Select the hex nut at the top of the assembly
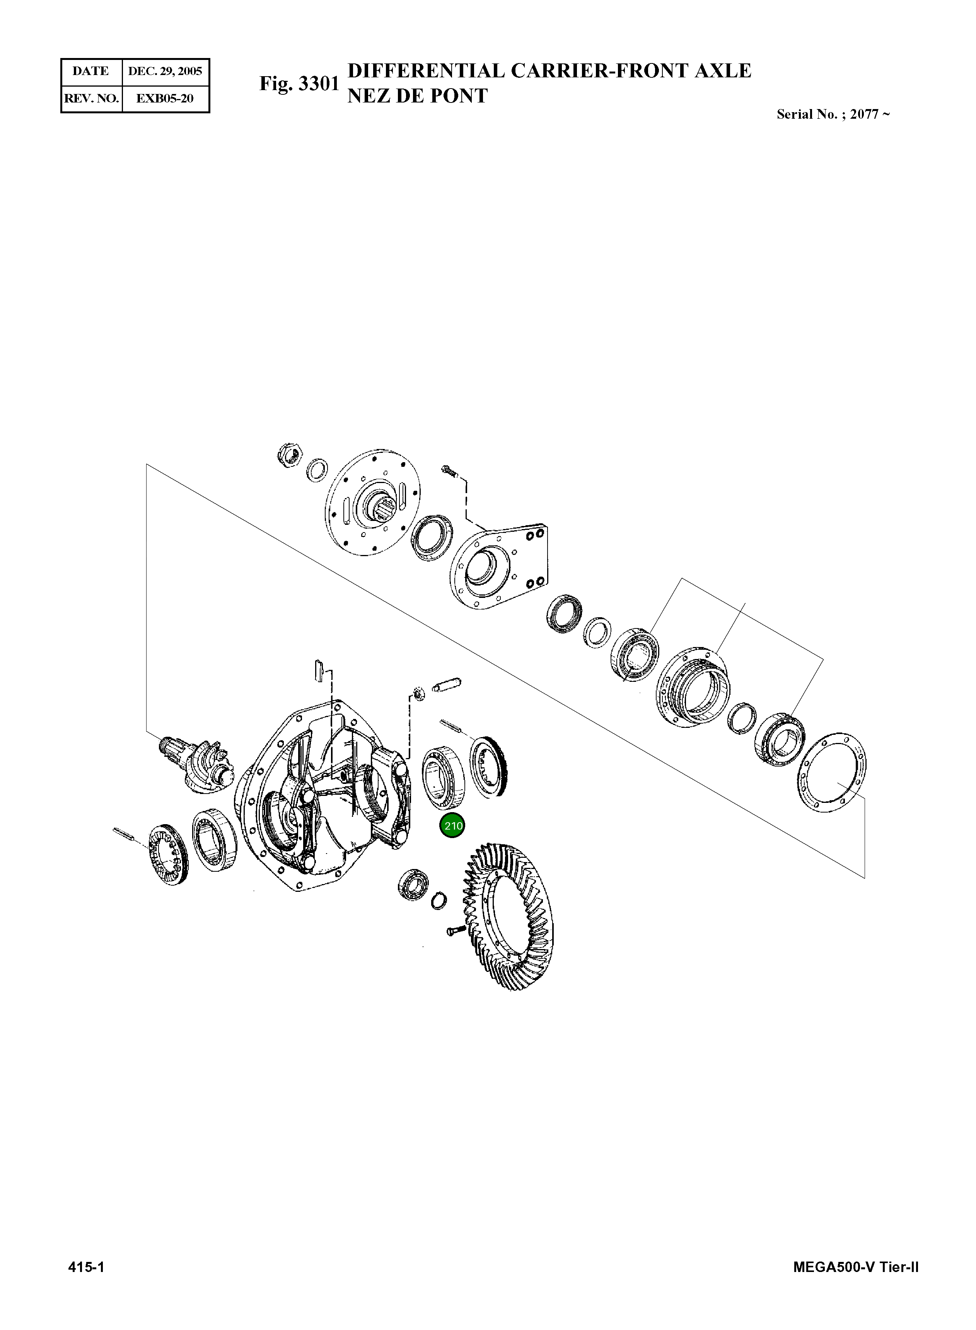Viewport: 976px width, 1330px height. pyautogui.click(x=290, y=453)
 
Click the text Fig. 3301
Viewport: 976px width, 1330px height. pyautogui.click(x=299, y=84)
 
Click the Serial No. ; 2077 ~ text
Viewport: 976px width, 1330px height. pyautogui.click(x=833, y=114)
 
